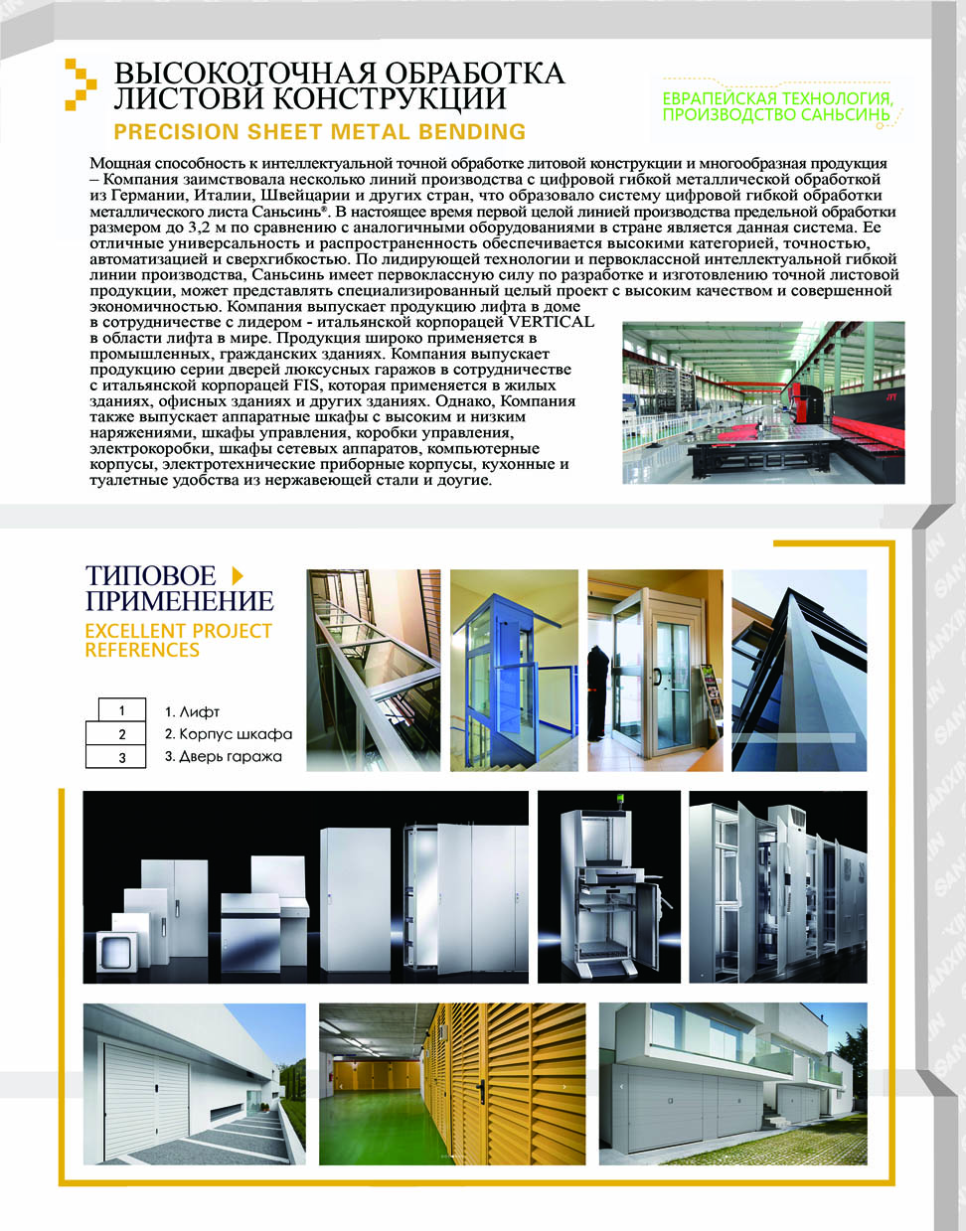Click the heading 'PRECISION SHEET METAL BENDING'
tap(319, 132)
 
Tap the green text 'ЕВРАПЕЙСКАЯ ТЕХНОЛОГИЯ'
tap(777, 98)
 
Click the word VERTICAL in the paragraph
tap(551, 322)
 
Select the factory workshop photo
tap(763, 402)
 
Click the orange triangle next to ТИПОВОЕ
tap(237, 574)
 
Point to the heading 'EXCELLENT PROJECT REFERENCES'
tap(178, 641)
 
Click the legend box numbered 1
tap(122, 710)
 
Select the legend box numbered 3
tap(122, 757)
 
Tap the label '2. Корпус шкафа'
tap(229, 734)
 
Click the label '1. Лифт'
tap(192, 711)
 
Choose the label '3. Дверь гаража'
tap(224, 757)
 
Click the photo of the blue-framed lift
tap(514, 671)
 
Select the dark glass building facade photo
tap(799, 671)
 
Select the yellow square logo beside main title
tap(80, 84)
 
